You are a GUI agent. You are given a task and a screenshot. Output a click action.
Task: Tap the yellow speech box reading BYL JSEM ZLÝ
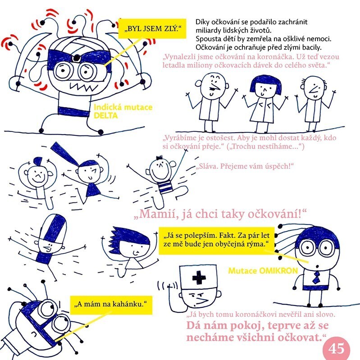[152, 28]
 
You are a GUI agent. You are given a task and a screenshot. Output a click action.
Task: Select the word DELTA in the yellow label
[106, 115]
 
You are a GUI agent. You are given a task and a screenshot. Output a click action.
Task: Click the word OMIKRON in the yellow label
[278, 271]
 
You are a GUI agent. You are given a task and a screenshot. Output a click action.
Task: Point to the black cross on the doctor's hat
[199, 278]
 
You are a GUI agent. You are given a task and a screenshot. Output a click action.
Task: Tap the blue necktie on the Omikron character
[316, 277]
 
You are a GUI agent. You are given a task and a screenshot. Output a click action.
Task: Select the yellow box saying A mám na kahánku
[111, 305]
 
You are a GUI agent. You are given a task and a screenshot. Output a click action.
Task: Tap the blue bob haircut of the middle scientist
[266, 83]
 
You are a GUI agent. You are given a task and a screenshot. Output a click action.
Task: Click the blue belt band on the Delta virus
[73, 112]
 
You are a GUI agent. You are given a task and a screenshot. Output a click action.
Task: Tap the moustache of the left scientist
[215, 88]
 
